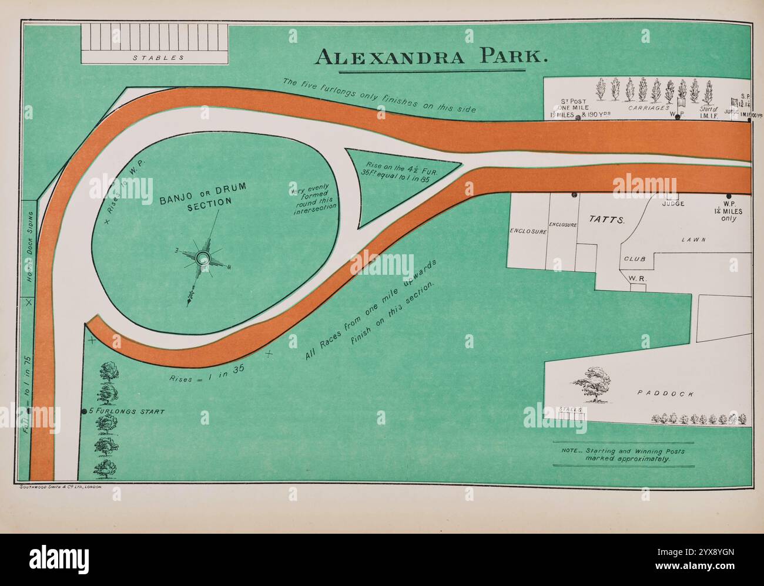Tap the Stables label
tap(158, 58)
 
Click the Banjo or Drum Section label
tap(203, 194)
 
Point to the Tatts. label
tap(605, 219)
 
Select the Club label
tap(635, 258)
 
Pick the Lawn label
tap(693, 240)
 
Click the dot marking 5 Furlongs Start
tap(84, 412)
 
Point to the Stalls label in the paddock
tap(570, 409)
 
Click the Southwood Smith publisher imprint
tap(61, 487)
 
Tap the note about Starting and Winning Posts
tap(623, 454)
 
